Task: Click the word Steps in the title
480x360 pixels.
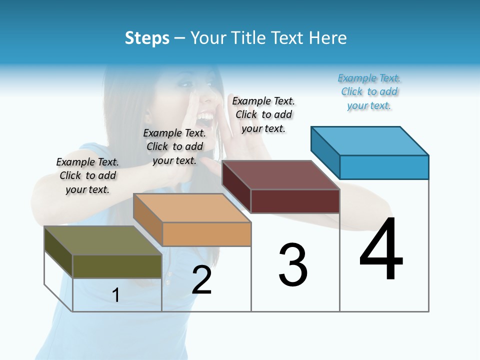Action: [147, 38]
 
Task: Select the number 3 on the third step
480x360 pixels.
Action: [292, 265]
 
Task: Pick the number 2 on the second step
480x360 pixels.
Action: [201, 280]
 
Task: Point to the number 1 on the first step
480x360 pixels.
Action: [116, 295]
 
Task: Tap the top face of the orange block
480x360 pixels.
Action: [192, 208]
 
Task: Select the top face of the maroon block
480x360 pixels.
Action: [280, 175]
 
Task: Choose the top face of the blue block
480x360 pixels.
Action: [369, 141]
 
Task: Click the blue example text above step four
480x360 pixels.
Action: [369, 92]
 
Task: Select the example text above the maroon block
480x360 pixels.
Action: [263, 114]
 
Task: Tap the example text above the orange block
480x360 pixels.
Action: [174, 146]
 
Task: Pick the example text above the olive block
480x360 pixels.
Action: [87, 175]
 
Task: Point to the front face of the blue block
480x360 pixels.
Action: [384, 167]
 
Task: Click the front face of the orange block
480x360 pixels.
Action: [206, 234]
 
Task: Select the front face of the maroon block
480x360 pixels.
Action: [295, 201]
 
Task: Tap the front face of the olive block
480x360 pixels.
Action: [117, 266]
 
